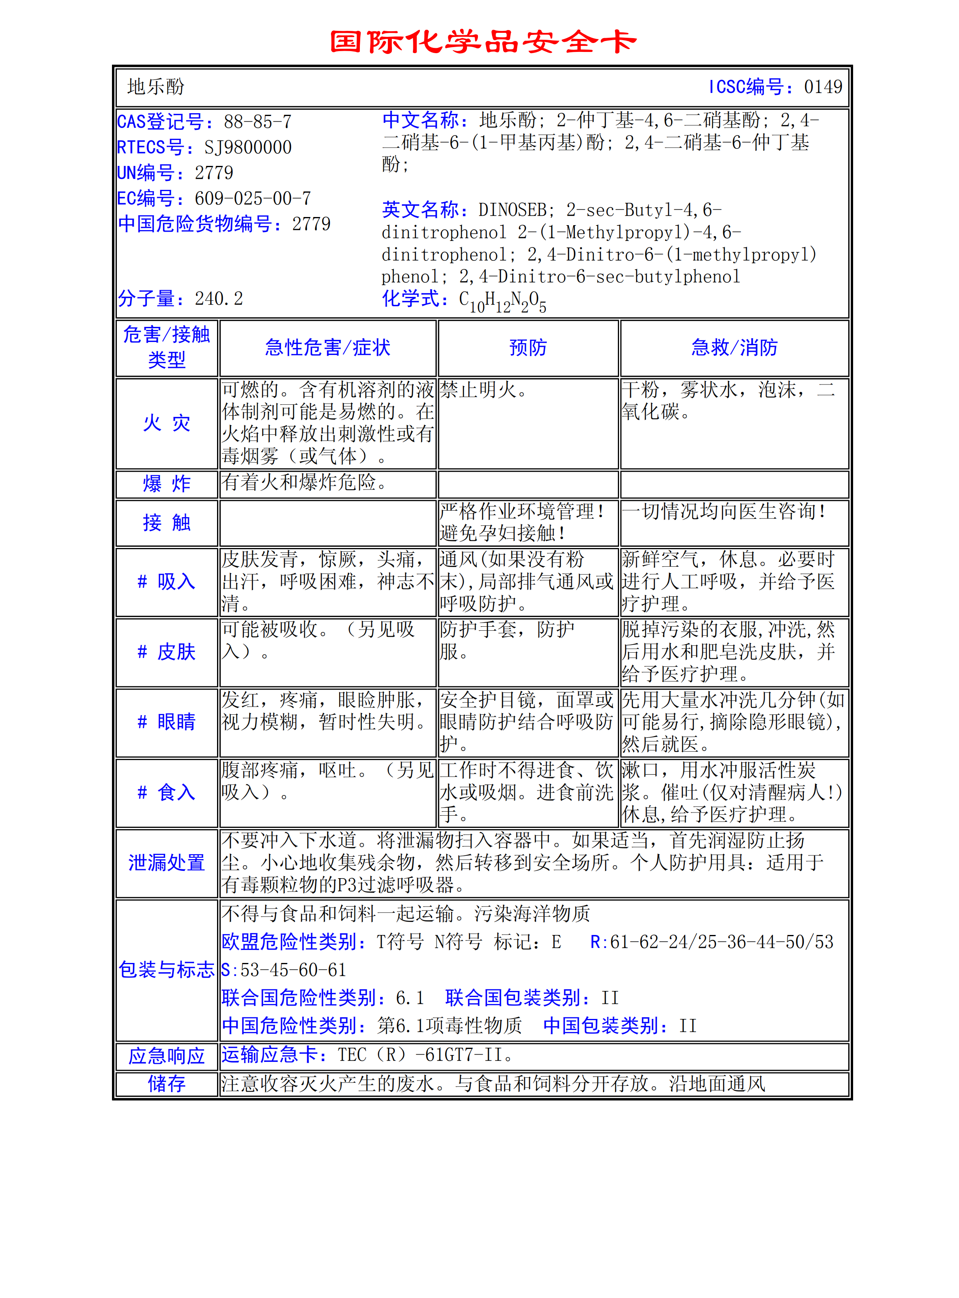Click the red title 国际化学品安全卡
click(483, 42)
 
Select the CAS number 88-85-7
click(258, 122)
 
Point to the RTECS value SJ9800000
click(248, 148)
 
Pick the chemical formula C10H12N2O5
click(502, 301)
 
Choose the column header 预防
click(528, 348)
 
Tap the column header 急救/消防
click(734, 348)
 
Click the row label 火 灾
click(167, 423)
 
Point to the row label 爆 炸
click(167, 484)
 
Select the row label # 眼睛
click(167, 722)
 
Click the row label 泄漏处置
click(167, 863)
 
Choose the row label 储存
click(167, 1084)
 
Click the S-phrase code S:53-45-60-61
click(284, 970)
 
